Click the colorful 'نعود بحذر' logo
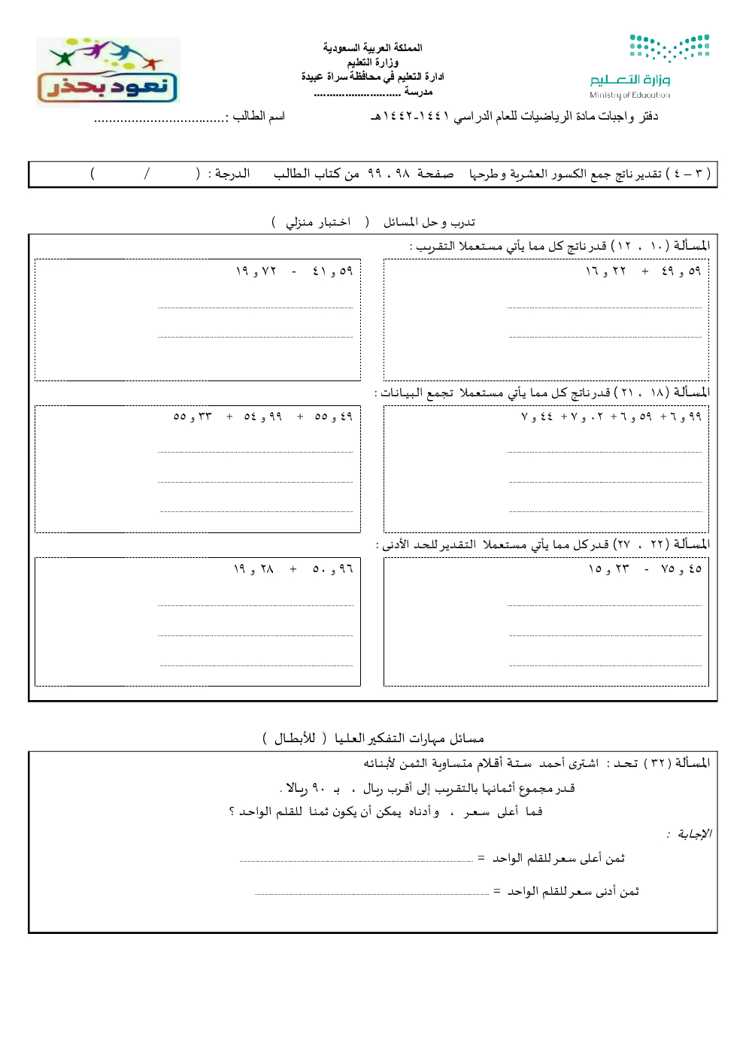108,71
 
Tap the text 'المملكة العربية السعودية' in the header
372,47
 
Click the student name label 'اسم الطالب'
259,116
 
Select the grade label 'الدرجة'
232,174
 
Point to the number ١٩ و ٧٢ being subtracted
256,271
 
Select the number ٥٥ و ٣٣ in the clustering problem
193,417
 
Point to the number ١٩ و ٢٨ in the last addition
253,569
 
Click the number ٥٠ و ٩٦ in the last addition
332,569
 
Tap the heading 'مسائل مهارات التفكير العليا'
409,738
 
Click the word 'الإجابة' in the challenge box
693,834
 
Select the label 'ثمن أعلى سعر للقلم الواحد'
559,859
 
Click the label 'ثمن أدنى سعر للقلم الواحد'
573,892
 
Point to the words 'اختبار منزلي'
318,223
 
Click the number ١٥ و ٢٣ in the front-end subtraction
609,569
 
